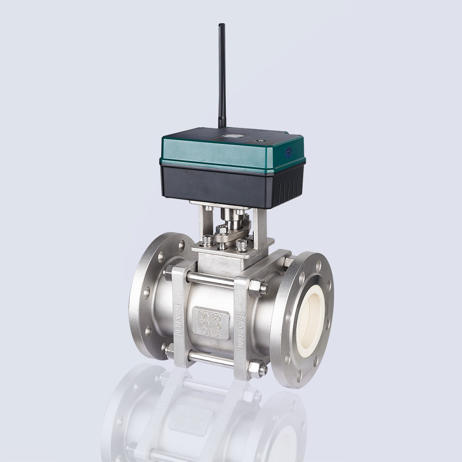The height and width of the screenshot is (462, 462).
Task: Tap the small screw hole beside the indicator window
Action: click(259, 140)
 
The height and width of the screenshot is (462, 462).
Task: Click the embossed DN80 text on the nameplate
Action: click(211, 315)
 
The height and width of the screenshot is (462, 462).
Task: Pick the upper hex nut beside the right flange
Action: click(258, 288)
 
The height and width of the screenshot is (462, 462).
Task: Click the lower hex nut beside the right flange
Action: click(257, 369)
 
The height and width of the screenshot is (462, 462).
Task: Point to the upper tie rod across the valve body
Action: click(210, 280)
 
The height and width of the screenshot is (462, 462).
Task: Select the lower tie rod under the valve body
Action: click(210, 359)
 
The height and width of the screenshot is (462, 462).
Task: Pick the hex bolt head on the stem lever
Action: click(221, 230)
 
